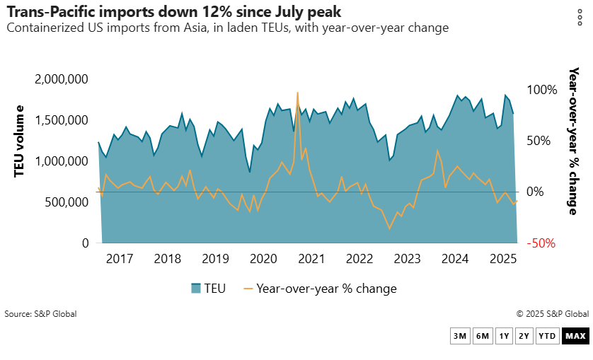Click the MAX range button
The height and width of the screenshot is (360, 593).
point(575,336)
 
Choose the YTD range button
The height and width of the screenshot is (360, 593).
point(547,336)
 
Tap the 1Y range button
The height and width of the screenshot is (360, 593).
point(504,336)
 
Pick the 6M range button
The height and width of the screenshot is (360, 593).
point(482,336)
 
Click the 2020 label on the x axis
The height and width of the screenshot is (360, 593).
point(263,258)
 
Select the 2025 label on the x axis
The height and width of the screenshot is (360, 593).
point(503,258)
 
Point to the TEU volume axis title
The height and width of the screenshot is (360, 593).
point(20,141)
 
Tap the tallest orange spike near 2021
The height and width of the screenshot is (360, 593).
point(297,93)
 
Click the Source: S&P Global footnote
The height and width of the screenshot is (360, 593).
point(40,314)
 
